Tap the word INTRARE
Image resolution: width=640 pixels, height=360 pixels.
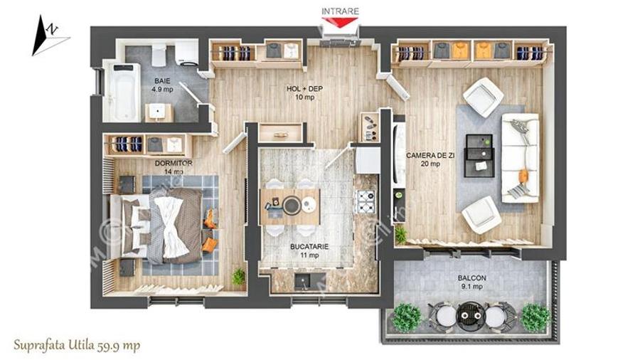[x=340, y=11]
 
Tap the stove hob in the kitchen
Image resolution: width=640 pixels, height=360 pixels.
[x=365, y=203]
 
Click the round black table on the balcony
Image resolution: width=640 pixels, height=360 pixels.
[x=469, y=312]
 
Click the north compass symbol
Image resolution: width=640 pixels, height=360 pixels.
[x=48, y=33]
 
